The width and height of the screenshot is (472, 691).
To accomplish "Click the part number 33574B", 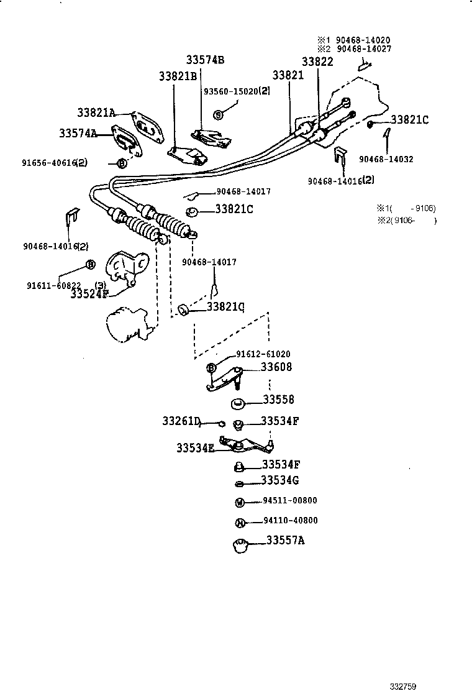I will click(x=205, y=60).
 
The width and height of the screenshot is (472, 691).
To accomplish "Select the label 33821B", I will click(x=178, y=76).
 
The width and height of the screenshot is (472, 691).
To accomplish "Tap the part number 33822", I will click(x=317, y=62).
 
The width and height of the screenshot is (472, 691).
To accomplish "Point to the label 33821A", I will click(x=96, y=112).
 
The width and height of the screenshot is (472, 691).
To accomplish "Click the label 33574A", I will click(x=78, y=133).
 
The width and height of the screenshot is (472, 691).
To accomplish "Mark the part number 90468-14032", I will click(x=386, y=159).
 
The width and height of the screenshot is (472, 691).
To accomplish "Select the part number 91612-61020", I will click(x=263, y=354).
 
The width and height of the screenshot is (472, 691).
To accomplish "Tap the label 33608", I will click(x=276, y=367).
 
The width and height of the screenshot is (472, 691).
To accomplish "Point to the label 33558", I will click(x=278, y=400).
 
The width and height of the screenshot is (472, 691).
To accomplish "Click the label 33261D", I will click(x=182, y=422).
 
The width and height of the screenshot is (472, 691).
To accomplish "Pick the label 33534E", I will click(x=195, y=447).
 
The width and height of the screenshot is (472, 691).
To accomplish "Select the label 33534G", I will click(x=280, y=480).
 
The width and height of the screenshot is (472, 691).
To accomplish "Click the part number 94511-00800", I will click(x=286, y=500).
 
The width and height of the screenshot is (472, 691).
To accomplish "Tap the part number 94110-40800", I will click(x=286, y=521).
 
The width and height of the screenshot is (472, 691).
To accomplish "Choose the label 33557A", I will click(x=286, y=540).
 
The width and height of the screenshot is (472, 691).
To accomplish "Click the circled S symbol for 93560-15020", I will click(x=218, y=114).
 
